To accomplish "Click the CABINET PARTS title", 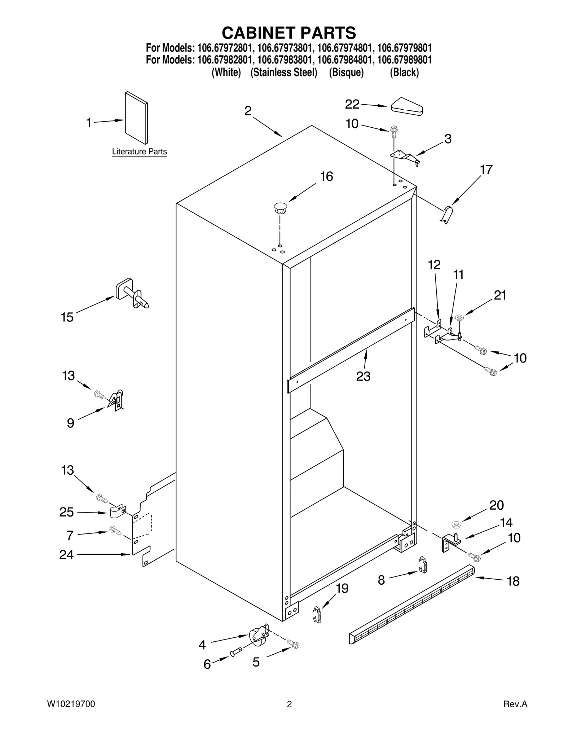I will point(288,33).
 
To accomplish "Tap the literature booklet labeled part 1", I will point(136,118).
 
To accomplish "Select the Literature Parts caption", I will point(139,151).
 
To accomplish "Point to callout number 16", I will point(326,177).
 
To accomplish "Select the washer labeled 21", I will point(459,317).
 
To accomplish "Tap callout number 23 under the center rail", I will point(363,376).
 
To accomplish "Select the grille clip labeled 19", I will point(317,614).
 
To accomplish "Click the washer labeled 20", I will point(456,524).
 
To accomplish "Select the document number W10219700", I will point(71,704).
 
